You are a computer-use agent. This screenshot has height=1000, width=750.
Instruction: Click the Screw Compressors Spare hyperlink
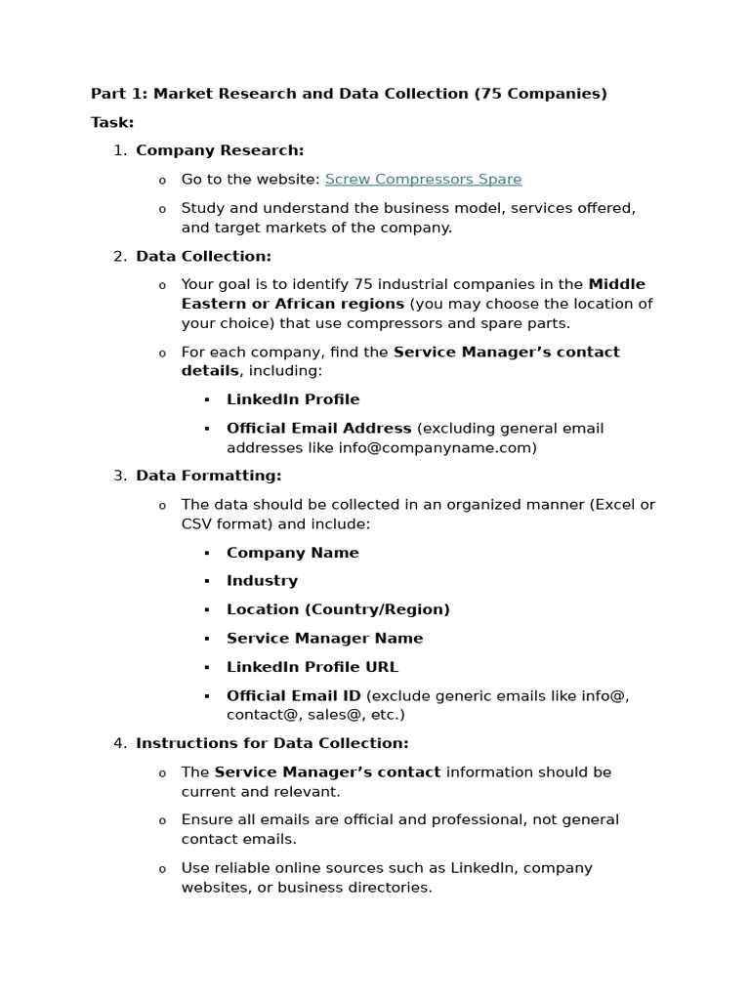pyautogui.click(x=423, y=180)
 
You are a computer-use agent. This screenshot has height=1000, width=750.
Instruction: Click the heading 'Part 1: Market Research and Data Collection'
pyautogui.click(x=279, y=94)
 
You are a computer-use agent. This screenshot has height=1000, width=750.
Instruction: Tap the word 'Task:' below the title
pyautogui.click(x=112, y=122)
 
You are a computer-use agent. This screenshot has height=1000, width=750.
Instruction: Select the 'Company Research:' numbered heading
pyautogui.click(x=220, y=150)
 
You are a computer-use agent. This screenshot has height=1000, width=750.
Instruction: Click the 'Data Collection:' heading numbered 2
pyautogui.click(x=203, y=256)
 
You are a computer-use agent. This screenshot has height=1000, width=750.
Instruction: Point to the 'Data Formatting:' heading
pyautogui.click(x=208, y=476)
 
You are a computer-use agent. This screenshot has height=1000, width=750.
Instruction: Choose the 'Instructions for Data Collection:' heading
pyautogui.click(x=271, y=743)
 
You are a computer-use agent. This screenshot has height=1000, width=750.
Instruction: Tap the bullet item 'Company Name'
pyautogui.click(x=292, y=553)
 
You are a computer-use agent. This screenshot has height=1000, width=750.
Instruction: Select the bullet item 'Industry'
pyautogui.click(x=262, y=581)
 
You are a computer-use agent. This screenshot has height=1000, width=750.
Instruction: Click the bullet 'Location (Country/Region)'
pyautogui.click(x=338, y=609)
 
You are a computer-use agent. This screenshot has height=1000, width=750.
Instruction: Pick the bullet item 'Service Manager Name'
pyautogui.click(x=324, y=639)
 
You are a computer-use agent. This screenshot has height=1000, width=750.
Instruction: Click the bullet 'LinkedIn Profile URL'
pyautogui.click(x=312, y=667)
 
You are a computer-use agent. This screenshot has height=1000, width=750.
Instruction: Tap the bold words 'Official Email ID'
pyautogui.click(x=293, y=696)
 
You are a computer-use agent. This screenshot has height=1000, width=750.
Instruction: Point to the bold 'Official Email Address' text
pyautogui.click(x=318, y=428)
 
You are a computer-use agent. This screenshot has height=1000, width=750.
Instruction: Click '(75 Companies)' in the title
pyautogui.click(x=540, y=94)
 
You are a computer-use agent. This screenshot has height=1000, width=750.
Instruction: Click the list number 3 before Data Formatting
pyautogui.click(x=119, y=476)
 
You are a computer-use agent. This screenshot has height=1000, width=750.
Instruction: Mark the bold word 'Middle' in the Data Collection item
pyautogui.click(x=616, y=284)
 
